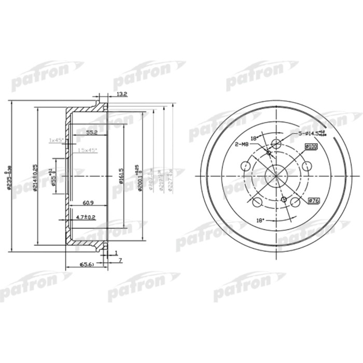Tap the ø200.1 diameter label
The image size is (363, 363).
pyautogui.click(x=138, y=178)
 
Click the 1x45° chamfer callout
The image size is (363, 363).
pyautogui.click(x=56, y=141)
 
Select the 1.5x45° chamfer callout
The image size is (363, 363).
pyautogui.click(x=87, y=150)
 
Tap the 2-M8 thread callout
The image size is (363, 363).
pyautogui.click(x=243, y=144)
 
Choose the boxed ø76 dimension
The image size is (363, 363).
pyautogui.click(x=314, y=201)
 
